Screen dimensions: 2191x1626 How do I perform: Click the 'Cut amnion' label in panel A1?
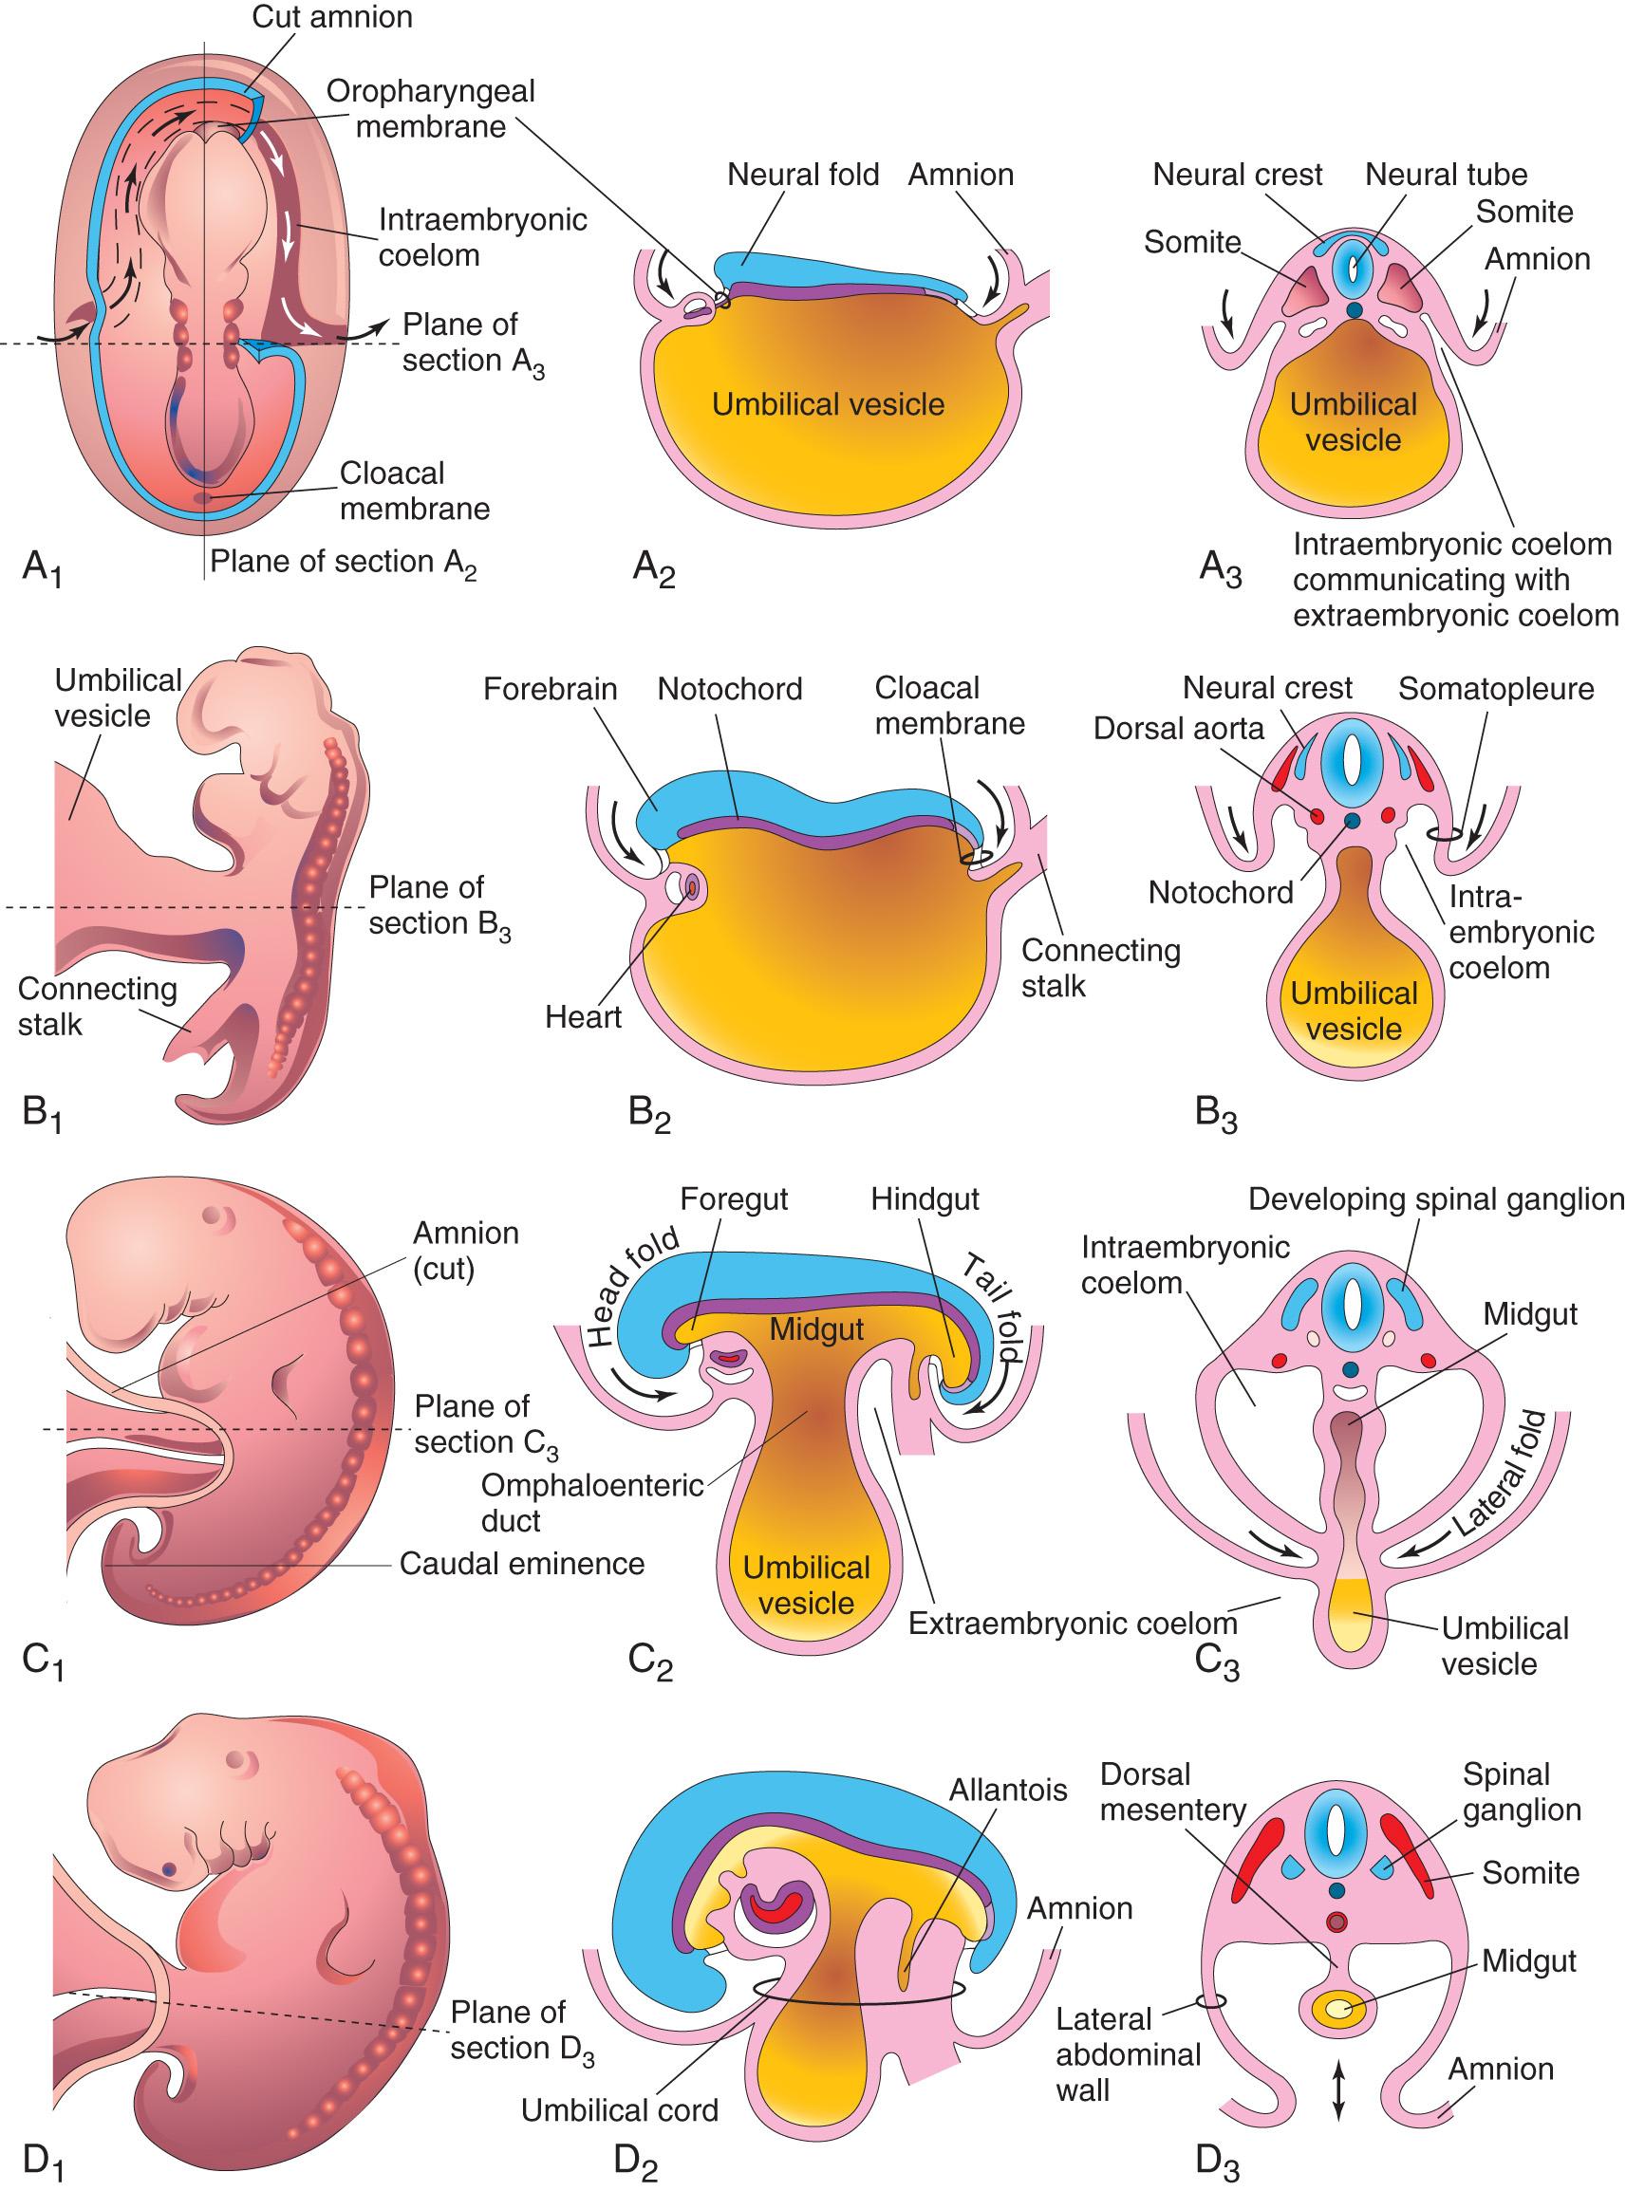[x=331, y=18]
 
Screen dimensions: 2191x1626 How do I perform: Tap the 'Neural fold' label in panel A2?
[x=802, y=176]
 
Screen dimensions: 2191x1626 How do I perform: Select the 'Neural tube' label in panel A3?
[x=1446, y=176]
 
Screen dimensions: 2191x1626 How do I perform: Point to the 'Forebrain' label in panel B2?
[x=551, y=689]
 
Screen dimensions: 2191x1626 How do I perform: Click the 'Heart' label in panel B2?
[x=583, y=1017]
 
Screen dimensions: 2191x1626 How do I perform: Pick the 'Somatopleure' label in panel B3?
[x=1495, y=689]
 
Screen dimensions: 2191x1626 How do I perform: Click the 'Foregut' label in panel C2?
[x=734, y=1200]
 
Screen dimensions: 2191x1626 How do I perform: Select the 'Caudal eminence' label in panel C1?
[x=522, y=1564]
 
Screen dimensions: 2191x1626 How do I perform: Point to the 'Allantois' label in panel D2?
[x=1008, y=1790]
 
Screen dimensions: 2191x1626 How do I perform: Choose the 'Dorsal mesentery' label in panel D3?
[x=1172, y=1792]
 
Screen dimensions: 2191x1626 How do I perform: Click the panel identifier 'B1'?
[x=43, y=1116]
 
